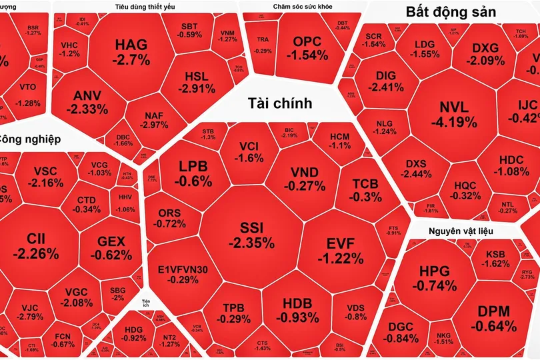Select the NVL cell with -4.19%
453,115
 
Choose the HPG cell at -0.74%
435,277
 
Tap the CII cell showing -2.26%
35,246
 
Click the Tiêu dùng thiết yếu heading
131,7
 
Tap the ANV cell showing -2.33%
87,102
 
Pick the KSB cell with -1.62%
495,258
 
